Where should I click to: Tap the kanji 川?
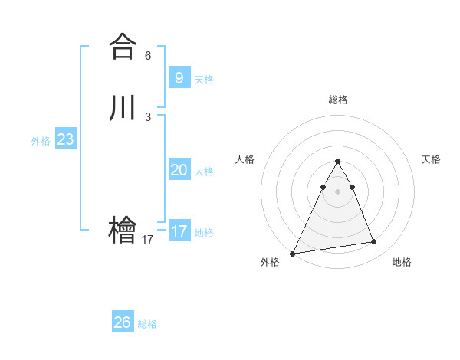(x=123, y=108)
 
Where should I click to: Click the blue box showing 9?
(x=179, y=77)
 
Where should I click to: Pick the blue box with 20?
(x=179, y=170)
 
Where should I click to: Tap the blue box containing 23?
(x=65, y=139)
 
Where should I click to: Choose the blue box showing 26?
(x=123, y=322)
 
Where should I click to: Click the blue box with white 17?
(x=179, y=231)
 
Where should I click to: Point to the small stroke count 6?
(x=148, y=56)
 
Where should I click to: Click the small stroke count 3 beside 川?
(x=148, y=117)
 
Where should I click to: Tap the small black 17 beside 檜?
(x=148, y=240)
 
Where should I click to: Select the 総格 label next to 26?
(x=147, y=324)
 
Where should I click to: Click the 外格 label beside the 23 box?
(x=41, y=141)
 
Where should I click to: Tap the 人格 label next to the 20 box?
(x=205, y=172)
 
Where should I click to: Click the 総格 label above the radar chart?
(x=337, y=100)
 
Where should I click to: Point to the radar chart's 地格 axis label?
(x=402, y=263)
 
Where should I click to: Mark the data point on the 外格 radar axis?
(x=293, y=254)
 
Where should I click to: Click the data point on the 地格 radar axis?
(x=374, y=242)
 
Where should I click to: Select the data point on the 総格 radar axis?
(x=337, y=162)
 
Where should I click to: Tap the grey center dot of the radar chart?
(x=337, y=191)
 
